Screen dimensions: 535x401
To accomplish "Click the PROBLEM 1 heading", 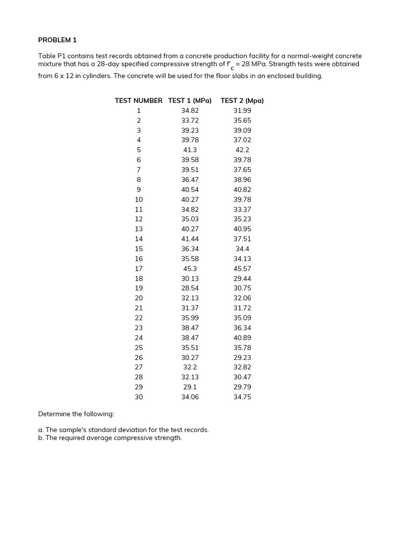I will click(57, 39).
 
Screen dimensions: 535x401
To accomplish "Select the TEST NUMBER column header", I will click(138, 100).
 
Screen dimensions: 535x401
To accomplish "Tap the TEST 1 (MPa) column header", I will click(190, 100).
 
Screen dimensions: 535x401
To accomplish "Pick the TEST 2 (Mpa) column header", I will click(242, 100).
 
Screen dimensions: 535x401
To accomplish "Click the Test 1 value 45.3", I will click(190, 269).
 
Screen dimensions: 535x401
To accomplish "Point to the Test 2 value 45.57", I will click(242, 269).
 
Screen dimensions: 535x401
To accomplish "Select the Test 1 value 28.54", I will click(190, 288).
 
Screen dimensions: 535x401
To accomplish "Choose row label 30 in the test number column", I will click(139, 397).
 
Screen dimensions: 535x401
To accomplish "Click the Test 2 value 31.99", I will click(242, 110).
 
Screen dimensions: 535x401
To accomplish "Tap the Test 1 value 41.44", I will click(190, 239).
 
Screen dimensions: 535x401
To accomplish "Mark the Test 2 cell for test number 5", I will click(242, 149).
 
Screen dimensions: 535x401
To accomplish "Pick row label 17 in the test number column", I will click(139, 269).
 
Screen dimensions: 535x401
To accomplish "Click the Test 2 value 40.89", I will click(242, 338).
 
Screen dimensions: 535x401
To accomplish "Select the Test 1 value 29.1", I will click(190, 387).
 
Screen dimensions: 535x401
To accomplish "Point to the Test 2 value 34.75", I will click(242, 397).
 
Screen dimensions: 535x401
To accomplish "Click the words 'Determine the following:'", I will click(76, 414).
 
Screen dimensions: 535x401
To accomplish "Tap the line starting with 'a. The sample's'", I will click(123, 429).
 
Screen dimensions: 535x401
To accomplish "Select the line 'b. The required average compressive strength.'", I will click(110, 438).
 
